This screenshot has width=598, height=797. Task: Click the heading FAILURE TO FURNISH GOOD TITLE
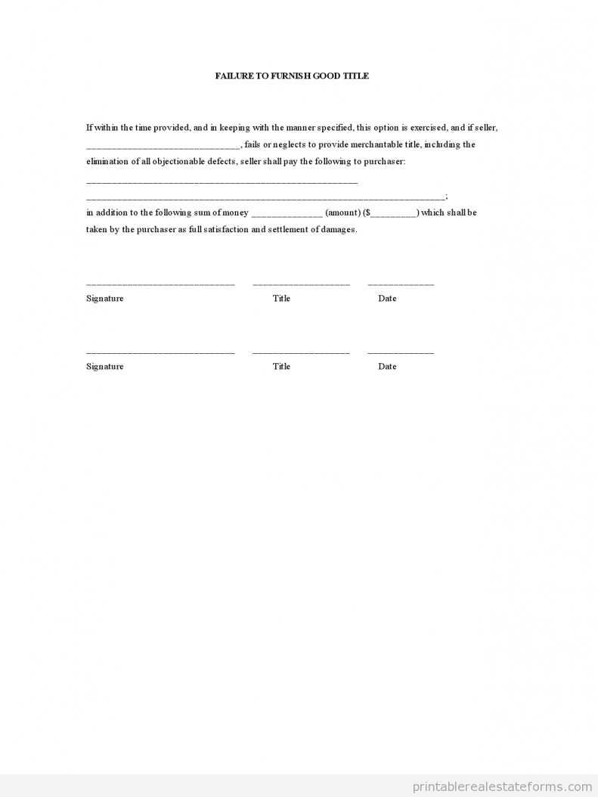tap(292, 76)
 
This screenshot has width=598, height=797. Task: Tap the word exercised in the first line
tap(429, 128)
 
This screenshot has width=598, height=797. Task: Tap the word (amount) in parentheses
tap(342, 213)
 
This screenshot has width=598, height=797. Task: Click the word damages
tap(339, 230)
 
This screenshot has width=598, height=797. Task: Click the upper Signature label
tap(104, 299)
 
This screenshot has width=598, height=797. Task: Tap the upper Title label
tap(281, 299)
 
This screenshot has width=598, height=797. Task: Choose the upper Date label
tap(387, 299)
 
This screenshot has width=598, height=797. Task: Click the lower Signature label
tap(104, 367)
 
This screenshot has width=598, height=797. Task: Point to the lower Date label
tap(387, 367)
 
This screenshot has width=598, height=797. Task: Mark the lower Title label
tap(281, 367)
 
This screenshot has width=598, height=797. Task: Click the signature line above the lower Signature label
tap(160, 353)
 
